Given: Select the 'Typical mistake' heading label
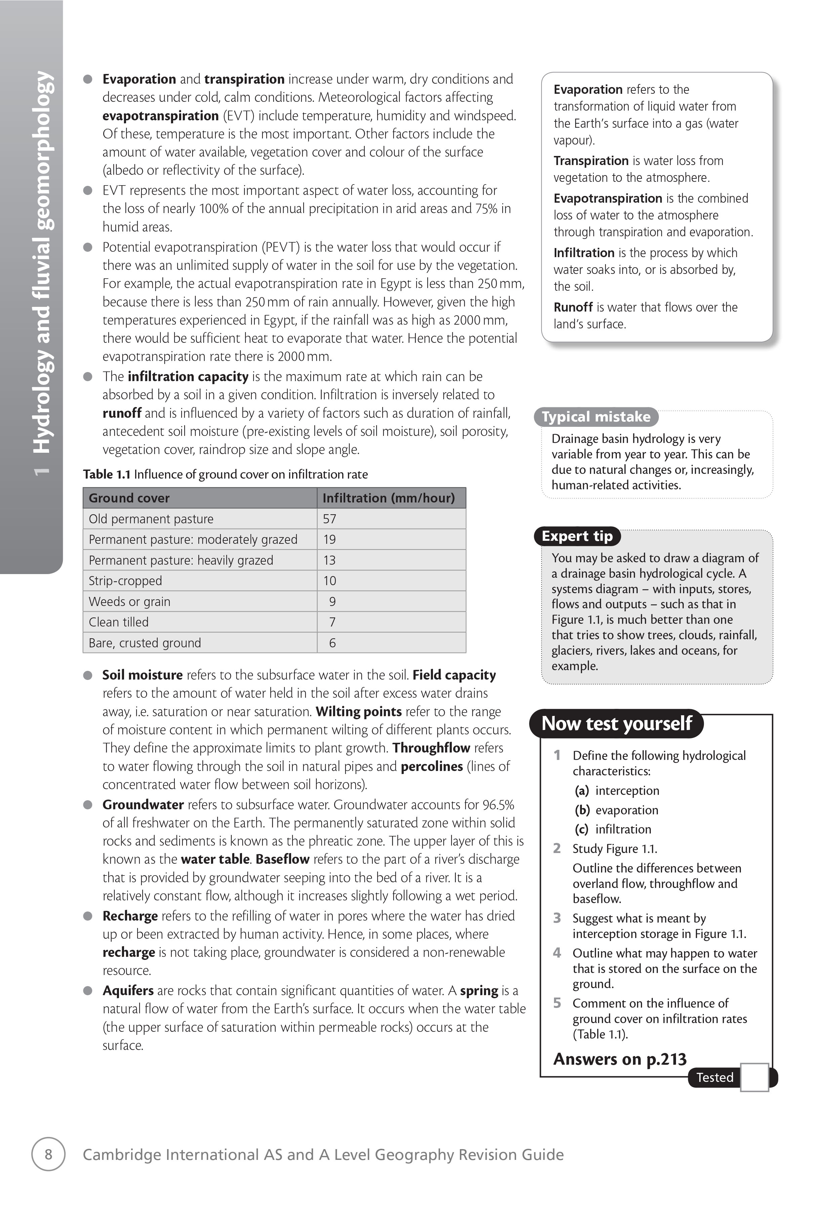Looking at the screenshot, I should [596, 417].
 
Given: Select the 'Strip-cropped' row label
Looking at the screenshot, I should [125, 581].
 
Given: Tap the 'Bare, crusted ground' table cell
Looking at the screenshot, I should [145, 643].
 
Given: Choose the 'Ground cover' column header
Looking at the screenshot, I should [129, 498].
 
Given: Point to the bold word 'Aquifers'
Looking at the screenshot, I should [128, 991].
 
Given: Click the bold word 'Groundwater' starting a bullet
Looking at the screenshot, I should [143, 805].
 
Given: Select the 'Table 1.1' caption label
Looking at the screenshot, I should [107, 474].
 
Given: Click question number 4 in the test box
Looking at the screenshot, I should [557, 953].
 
